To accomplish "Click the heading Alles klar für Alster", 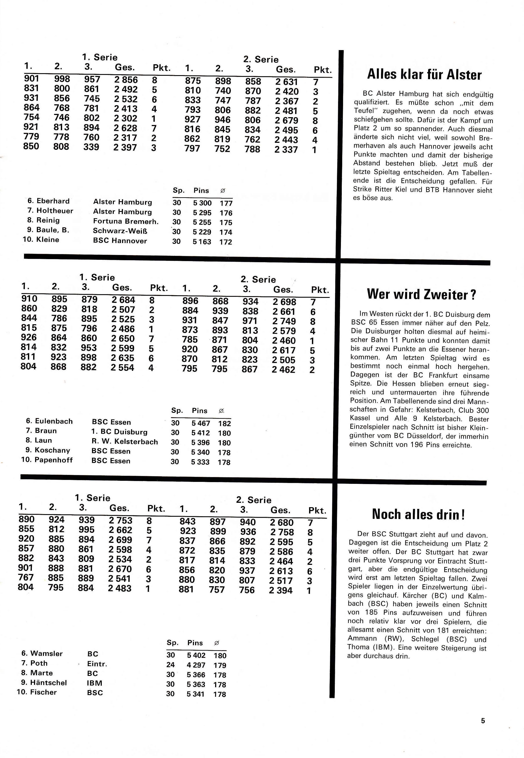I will (x=424, y=75).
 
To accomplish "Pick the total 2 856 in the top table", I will (x=126, y=80).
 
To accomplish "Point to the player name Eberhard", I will (x=53, y=201).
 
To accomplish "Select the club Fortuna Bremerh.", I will (x=125, y=221).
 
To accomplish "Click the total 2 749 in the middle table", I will (x=284, y=321).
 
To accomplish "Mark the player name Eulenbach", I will (x=54, y=421).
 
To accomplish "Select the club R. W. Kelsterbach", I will (x=125, y=442).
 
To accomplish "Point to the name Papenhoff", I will (x=53, y=460).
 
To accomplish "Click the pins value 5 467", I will (x=201, y=424).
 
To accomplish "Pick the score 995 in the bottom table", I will (x=86, y=530).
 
